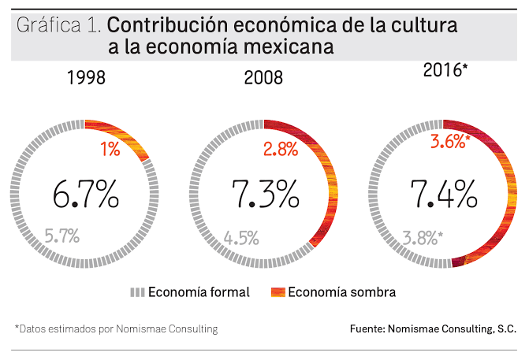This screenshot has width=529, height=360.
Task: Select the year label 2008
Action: click(x=265, y=78)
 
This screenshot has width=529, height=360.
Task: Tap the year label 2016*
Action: click(x=445, y=70)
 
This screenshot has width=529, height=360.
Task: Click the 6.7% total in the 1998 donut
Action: click(x=86, y=193)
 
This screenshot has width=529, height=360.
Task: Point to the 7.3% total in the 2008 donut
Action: click(x=265, y=193)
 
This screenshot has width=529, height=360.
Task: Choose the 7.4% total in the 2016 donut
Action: click(x=443, y=193)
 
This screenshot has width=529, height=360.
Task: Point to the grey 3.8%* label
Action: click(x=423, y=237)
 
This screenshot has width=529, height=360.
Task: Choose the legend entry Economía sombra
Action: click(x=341, y=292)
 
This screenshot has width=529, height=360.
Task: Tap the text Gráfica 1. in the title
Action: click(x=58, y=26)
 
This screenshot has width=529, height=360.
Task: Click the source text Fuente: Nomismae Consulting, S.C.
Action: click(x=433, y=328)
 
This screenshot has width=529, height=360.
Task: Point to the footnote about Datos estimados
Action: click(x=116, y=328)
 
